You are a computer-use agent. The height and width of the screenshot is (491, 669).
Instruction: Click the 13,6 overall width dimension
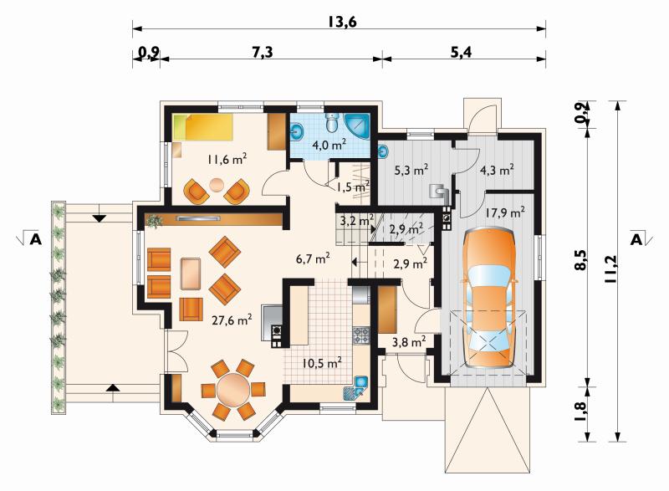pyautogui.click(x=342, y=21)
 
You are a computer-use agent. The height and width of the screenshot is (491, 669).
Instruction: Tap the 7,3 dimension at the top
pyautogui.click(x=262, y=52)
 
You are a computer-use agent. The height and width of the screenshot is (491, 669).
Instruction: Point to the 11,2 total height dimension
pyautogui.click(x=611, y=269)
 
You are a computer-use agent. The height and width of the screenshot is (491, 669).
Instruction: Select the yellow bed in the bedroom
pyautogui.click(x=203, y=126)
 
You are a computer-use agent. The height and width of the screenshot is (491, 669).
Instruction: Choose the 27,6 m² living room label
pyautogui.click(x=232, y=320)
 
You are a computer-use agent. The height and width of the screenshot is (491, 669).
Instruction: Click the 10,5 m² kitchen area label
pyautogui.click(x=322, y=363)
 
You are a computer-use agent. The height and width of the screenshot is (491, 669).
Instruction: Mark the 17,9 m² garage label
pyautogui.click(x=505, y=212)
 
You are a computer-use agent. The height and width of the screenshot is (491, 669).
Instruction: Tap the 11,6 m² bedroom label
pyautogui.click(x=227, y=160)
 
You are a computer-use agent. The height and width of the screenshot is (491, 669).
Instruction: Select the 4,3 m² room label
pyautogui.click(x=497, y=170)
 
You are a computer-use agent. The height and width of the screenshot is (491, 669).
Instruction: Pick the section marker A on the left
pyautogui.click(x=36, y=240)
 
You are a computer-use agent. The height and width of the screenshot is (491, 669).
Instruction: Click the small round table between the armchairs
pyautogui.click(x=217, y=184)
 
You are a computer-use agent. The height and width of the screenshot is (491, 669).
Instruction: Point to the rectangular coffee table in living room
pyautogui.click(x=191, y=274)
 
